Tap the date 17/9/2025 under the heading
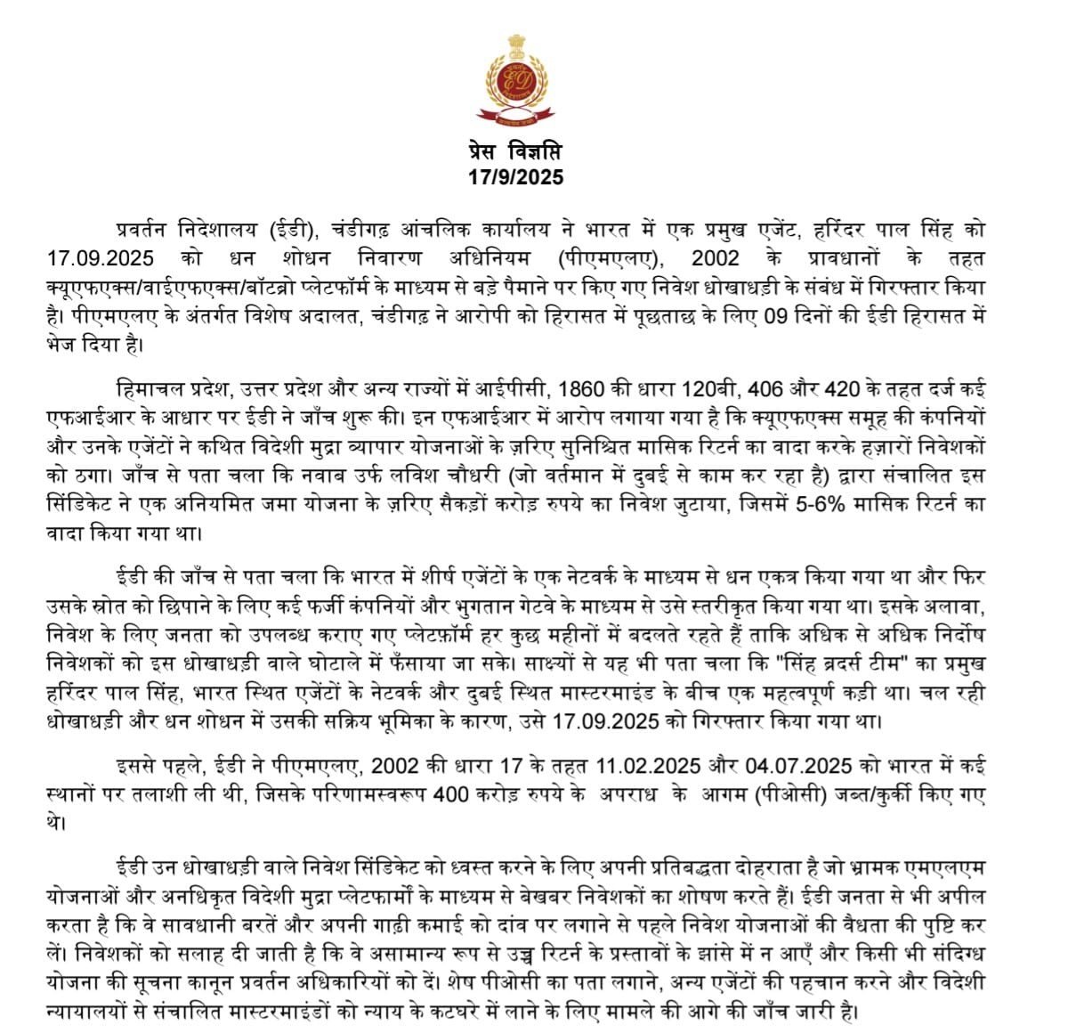tap(515, 177)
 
